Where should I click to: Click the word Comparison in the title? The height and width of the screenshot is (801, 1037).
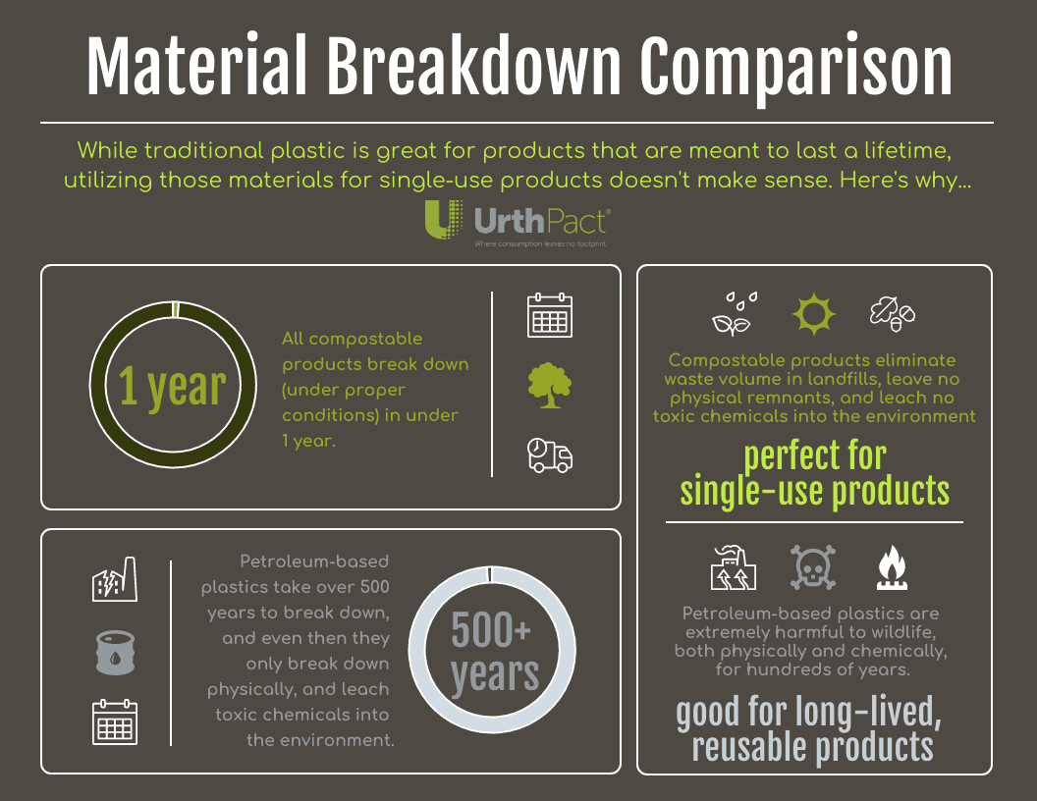tap(796, 68)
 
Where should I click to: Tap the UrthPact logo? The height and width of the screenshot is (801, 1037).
tap(518, 222)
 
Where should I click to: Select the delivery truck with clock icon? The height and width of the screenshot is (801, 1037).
tap(550, 455)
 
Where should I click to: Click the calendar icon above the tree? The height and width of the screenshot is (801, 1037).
tap(550, 316)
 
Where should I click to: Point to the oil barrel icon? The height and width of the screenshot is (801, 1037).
tap(115, 653)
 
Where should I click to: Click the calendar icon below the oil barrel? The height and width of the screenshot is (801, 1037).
tap(115, 722)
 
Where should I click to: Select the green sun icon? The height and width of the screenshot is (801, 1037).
tap(814, 313)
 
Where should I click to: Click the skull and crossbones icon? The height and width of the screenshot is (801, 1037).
tap(814, 567)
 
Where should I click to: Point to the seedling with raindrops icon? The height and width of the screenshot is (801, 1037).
tap(735, 313)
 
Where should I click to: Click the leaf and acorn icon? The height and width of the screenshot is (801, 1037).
tap(892, 313)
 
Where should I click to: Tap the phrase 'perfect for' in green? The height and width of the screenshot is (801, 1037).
tap(814, 456)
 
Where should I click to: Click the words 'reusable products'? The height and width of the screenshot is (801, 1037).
tap(812, 747)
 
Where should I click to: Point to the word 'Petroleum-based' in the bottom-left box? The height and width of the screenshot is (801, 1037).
tap(314, 562)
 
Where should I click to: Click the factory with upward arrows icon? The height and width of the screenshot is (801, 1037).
tap(734, 568)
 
